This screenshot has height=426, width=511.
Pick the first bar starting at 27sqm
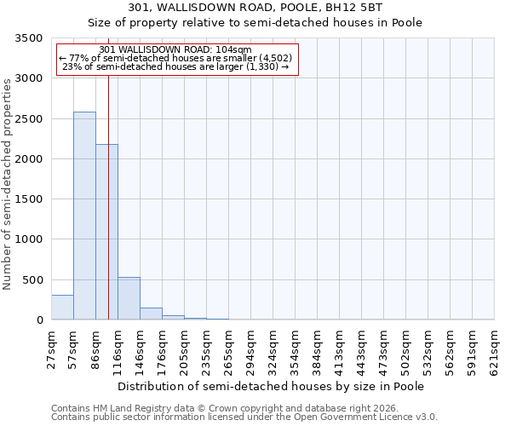click(62, 308)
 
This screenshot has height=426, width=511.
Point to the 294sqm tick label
click(251, 351)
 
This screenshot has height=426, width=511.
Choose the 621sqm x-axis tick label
click(495, 351)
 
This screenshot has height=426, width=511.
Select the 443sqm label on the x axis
click(362, 351)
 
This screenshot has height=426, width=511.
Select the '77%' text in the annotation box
click(78, 58)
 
